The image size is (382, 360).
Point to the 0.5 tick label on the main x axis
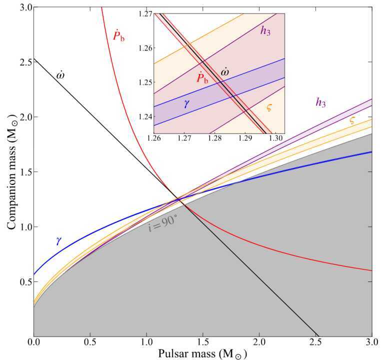(x=90, y=343)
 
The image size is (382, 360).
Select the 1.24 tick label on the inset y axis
(x=145, y=116)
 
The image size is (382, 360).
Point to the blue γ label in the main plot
(x=58, y=240)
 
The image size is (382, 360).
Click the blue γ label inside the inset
(x=186, y=104)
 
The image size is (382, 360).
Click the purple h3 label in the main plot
(x=320, y=102)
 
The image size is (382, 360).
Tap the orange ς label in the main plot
(x=353, y=120)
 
